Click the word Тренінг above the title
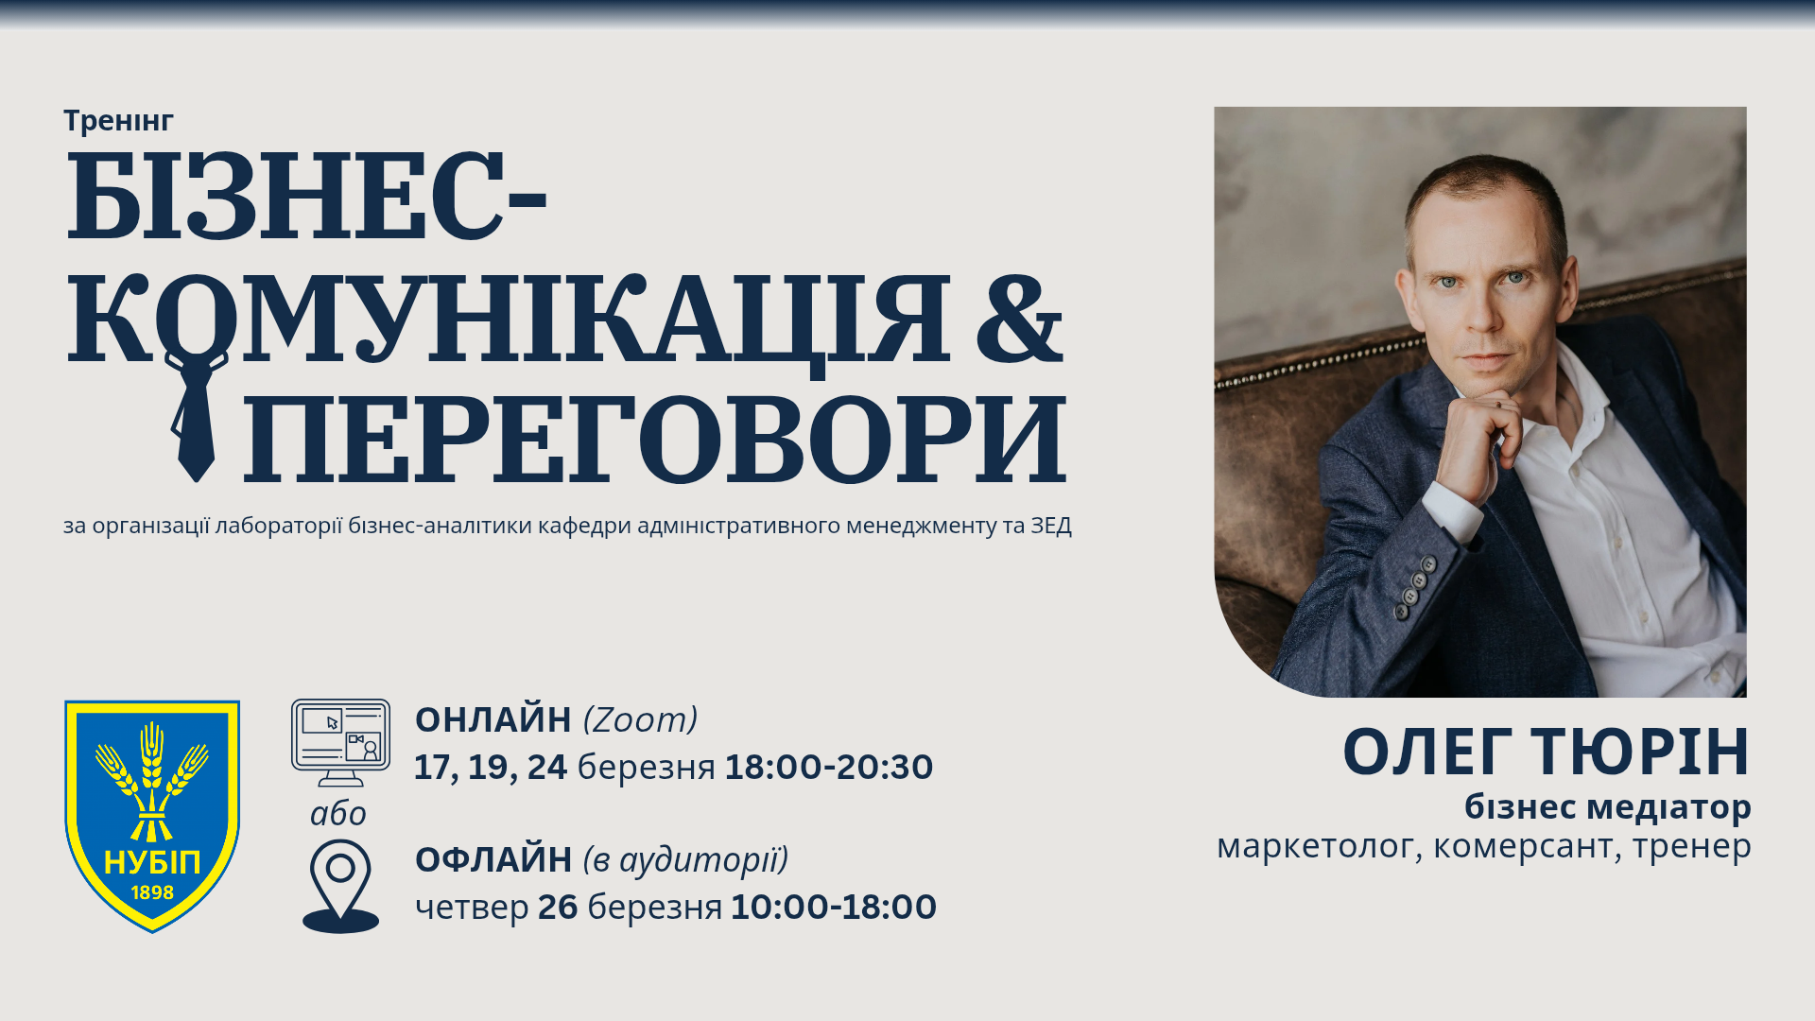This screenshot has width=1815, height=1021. click(x=118, y=121)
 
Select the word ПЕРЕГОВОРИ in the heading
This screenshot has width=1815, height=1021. click(x=655, y=438)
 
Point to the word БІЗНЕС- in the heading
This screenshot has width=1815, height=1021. click(x=307, y=196)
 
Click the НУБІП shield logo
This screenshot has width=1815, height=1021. click(x=152, y=816)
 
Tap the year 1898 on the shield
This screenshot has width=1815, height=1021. click(x=152, y=892)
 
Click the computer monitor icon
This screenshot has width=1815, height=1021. click(x=340, y=743)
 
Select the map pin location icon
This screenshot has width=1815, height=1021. click(x=340, y=887)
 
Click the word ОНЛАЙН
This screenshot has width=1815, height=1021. click(x=493, y=720)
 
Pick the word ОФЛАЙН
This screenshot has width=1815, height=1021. click(x=493, y=860)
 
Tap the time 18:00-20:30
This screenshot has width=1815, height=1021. click(x=829, y=767)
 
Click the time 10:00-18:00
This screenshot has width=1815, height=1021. click(x=834, y=907)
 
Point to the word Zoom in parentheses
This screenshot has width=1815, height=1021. click(x=640, y=720)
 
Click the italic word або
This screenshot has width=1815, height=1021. click(x=338, y=813)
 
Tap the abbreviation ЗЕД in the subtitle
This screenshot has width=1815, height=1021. click(x=1051, y=526)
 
